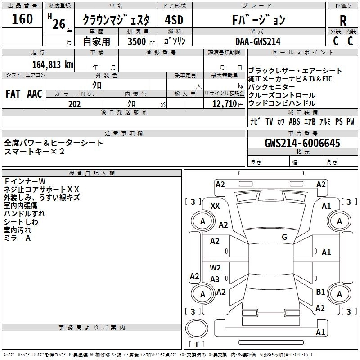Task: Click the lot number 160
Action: click(22, 19)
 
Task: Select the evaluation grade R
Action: click(343, 21)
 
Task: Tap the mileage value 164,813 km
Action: click(53, 65)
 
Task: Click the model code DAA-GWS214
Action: click(258, 41)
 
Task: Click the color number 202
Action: click(74, 104)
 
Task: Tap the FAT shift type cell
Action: click(13, 94)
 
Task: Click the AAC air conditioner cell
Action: click(35, 94)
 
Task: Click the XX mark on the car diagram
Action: click(216, 206)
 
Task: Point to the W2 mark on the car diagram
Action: click(215, 268)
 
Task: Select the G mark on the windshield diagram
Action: click(284, 237)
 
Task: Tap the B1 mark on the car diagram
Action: click(320, 292)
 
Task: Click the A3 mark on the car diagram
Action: click(215, 279)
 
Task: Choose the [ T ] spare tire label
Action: click(197, 344)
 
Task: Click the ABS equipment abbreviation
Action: click(294, 121)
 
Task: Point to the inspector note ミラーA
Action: click(18, 238)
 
